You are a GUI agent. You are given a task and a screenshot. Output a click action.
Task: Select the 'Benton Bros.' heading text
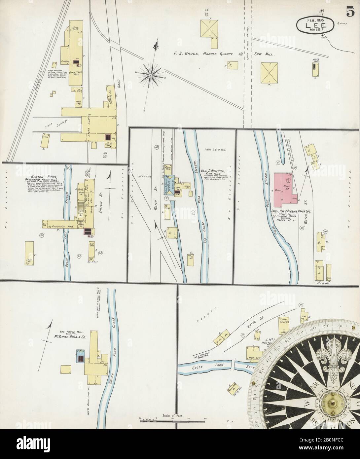pos(35,177)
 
